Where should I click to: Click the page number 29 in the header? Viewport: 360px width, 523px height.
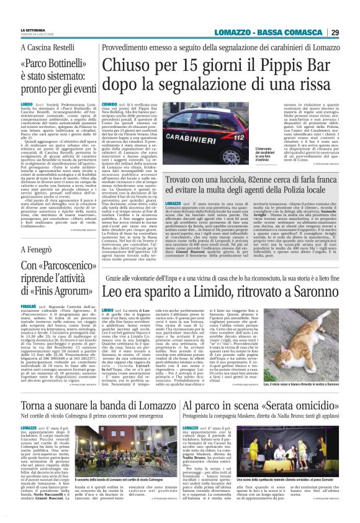[x=351, y=16]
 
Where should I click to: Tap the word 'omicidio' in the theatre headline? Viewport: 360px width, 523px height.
[x=317, y=391]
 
